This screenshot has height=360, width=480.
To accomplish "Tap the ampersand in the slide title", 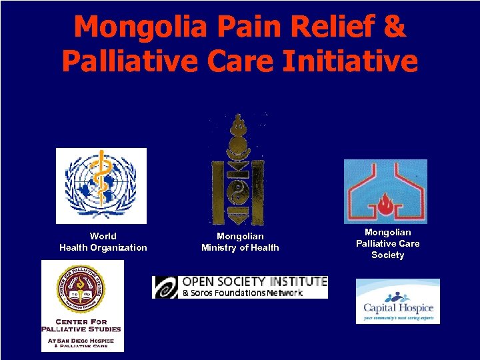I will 393,27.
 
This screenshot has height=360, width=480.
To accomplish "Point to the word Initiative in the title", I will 352,61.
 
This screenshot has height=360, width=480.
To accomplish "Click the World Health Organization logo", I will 101,185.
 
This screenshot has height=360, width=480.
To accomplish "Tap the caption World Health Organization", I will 103,242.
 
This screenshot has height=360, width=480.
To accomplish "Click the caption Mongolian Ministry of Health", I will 240,242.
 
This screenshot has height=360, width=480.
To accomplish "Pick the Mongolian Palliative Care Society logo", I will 385,191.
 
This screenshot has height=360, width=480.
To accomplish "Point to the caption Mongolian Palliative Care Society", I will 388,243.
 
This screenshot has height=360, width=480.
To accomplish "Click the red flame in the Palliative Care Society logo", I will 385,201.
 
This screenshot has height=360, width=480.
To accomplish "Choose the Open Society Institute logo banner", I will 240,287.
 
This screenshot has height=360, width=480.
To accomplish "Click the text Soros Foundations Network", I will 243,293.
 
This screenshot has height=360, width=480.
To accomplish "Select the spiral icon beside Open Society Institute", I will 165,287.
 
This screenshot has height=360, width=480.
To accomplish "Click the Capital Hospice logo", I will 398,301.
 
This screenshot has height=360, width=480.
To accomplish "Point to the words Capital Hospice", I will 398,308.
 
